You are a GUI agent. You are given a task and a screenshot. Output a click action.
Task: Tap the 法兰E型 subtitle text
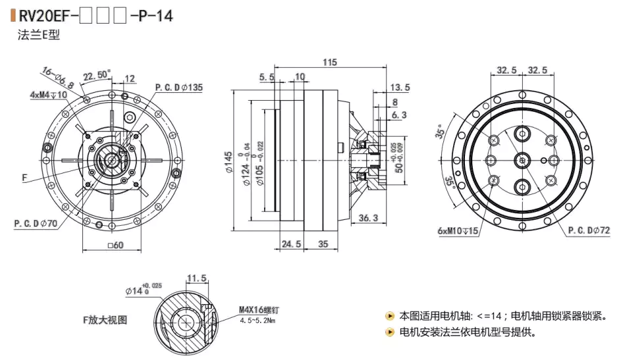point(39,35)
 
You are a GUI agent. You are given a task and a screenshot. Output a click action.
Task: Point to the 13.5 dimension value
point(399,87)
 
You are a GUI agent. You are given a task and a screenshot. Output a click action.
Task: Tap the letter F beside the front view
point(24,178)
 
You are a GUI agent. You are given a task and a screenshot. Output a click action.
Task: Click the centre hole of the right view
point(520,160)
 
